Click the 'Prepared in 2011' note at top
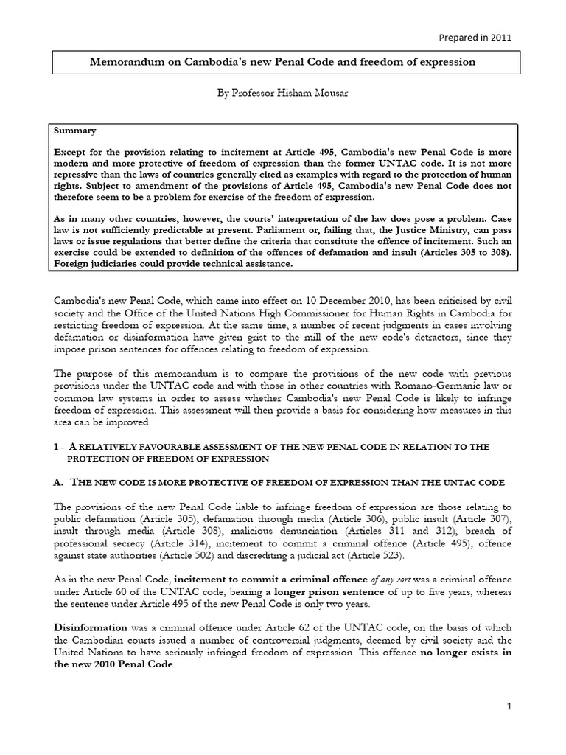click(475, 37)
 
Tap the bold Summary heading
click(74, 131)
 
